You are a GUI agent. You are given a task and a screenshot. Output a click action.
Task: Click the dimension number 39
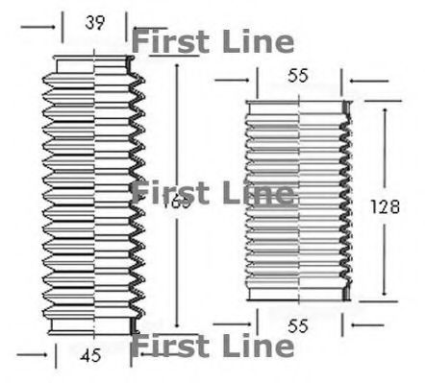coord(94,23)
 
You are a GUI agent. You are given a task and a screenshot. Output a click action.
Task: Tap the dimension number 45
coord(89,356)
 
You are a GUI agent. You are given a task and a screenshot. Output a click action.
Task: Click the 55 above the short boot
coord(297,78)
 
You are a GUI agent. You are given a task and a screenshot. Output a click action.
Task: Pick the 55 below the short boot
coord(297,327)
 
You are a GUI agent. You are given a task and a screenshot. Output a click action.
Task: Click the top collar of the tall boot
coord(94,64)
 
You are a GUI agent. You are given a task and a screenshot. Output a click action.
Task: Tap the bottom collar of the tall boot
coord(94,326)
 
